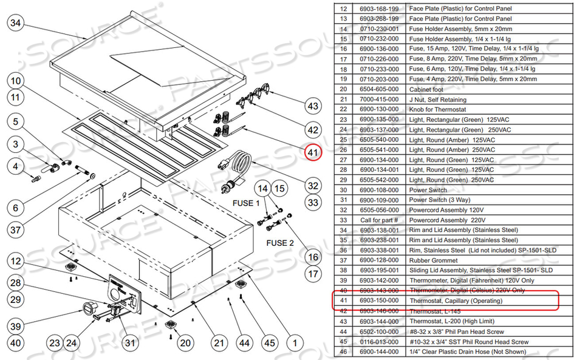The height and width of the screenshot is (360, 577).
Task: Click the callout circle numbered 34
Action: [x=16, y=24]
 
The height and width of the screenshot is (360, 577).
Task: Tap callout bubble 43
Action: [x=313, y=106]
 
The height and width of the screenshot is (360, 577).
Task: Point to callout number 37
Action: [x=16, y=230]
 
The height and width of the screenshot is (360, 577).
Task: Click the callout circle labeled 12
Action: [x=16, y=261]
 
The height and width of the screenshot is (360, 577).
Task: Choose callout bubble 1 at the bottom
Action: [x=295, y=344]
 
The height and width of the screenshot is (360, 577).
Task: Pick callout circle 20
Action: [x=185, y=344]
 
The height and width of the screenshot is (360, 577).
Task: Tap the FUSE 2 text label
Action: [x=280, y=243]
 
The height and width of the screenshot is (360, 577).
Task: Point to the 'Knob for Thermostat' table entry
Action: [x=436, y=109]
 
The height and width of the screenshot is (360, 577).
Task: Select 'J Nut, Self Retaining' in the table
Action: [x=437, y=100]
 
